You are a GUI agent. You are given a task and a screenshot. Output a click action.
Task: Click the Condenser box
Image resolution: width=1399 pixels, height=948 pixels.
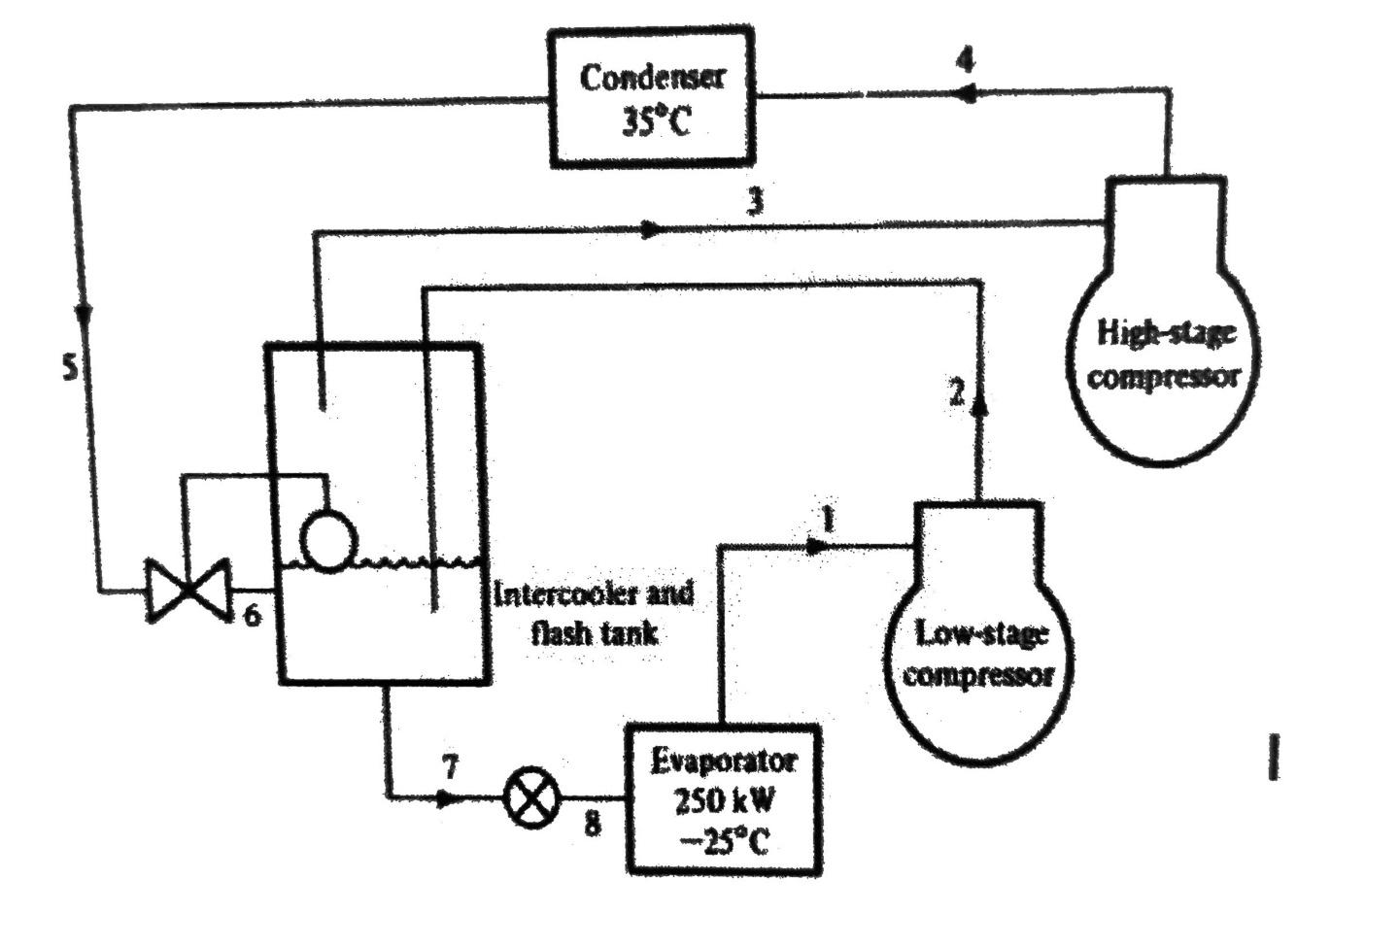pyautogui.click(x=651, y=97)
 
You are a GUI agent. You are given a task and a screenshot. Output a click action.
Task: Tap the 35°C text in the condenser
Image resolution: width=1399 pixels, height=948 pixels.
pyautogui.click(x=652, y=122)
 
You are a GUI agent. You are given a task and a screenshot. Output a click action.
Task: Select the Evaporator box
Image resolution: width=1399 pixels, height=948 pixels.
pyautogui.click(x=723, y=799)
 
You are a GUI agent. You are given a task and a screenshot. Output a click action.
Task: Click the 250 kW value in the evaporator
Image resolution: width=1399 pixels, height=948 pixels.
pyautogui.click(x=723, y=800)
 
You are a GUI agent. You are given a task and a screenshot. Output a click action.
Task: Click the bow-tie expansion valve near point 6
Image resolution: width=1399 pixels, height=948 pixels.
pyautogui.click(x=187, y=590)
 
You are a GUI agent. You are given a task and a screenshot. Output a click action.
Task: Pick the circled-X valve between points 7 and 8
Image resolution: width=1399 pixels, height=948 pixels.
pyautogui.click(x=532, y=796)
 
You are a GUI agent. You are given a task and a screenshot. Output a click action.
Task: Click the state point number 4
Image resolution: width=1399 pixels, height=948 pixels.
pyautogui.click(x=964, y=60)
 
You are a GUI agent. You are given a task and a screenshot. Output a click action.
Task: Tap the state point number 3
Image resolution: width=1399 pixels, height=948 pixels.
pyautogui.click(x=755, y=201)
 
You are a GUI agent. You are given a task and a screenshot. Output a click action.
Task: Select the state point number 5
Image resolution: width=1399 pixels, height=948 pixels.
pyautogui.click(x=69, y=367)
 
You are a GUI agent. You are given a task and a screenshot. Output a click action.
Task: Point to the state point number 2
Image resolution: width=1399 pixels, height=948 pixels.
pyautogui.click(x=957, y=393)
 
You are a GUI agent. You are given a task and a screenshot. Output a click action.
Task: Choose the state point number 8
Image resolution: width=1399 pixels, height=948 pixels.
pyautogui.click(x=592, y=824)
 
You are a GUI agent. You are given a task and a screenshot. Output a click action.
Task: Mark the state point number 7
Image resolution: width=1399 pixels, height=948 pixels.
pyautogui.click(x=449, y=767)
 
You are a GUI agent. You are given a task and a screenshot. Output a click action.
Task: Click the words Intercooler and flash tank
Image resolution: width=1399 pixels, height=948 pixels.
pyautogui.click(x=593, y=612)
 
